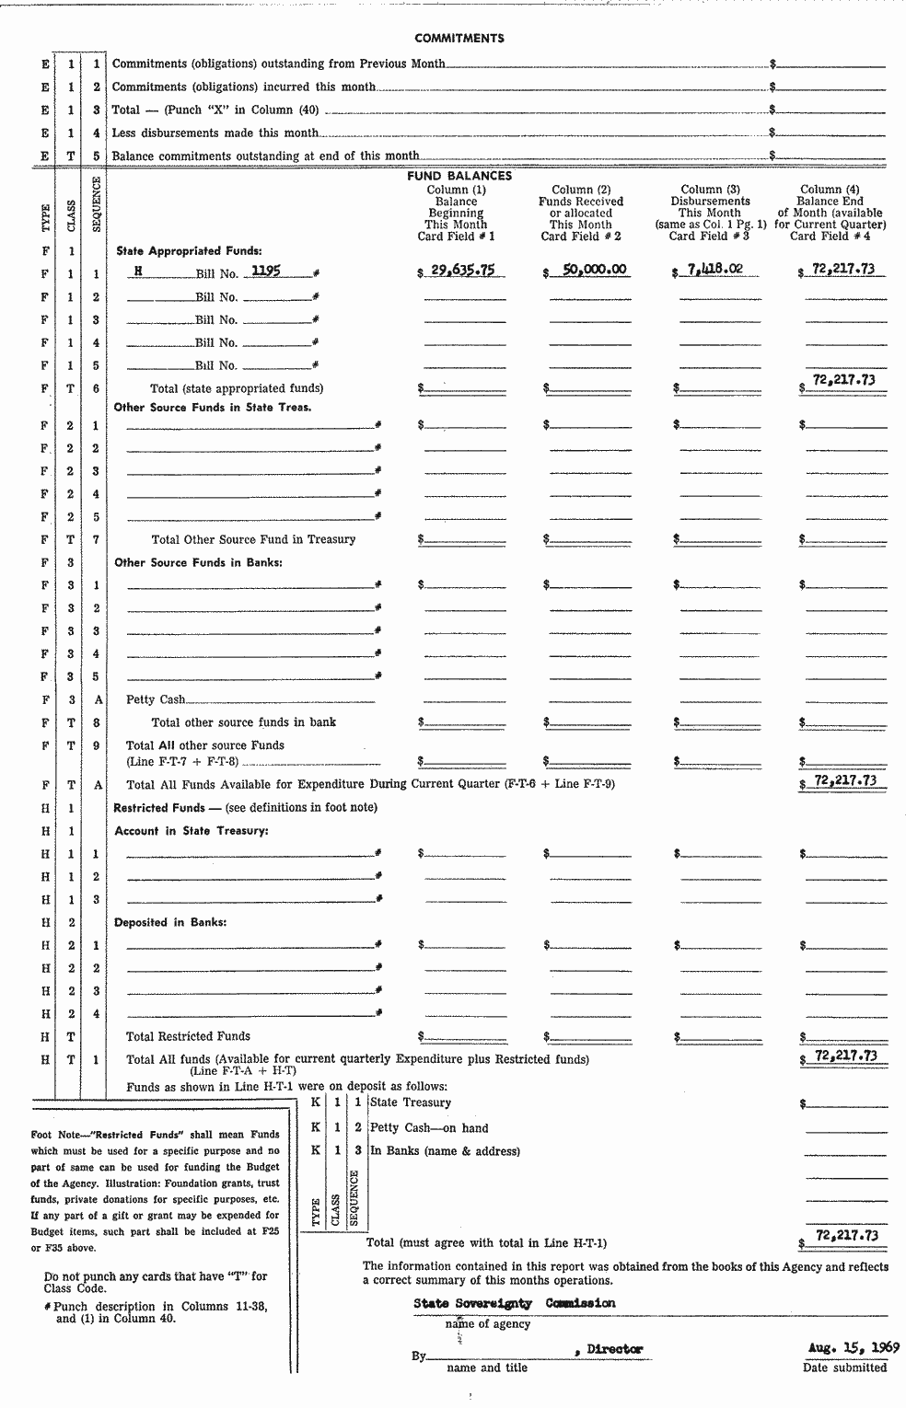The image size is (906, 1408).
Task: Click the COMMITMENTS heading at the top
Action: pos(459,39)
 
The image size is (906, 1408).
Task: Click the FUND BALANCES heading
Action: pos(459,176)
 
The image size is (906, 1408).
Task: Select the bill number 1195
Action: pos(267,271)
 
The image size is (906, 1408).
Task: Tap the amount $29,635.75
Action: pos(462,271)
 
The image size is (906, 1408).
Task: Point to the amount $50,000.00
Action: pos(588,271)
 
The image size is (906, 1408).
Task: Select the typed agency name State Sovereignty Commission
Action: pos(514,1303)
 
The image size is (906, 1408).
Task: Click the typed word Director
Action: pos(613,1349)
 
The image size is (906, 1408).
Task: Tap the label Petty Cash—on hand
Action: pos(429,1127)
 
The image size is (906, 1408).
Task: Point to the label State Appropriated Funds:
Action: pos(189,250)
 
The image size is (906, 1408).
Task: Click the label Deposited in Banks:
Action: pos(170,922)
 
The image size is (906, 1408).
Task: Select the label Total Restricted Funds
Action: pos(188,1036)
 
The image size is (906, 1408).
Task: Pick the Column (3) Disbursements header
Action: pos(710,213)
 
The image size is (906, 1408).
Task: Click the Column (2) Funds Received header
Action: pos(581,213)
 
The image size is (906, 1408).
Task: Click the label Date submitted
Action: pos(844,1368)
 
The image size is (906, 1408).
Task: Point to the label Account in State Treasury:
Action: pos(191,831)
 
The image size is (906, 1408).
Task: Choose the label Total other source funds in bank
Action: pos(244,722)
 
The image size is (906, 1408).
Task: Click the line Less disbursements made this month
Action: pos(215,133)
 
